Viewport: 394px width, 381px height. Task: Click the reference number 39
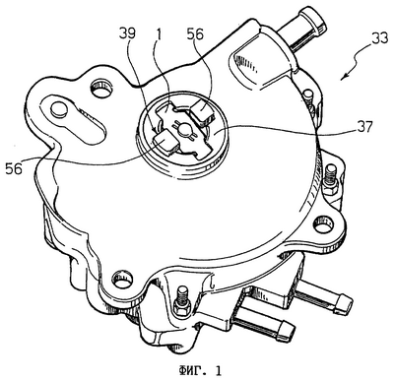(x=128, y=34)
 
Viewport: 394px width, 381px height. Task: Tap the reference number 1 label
(x=159, y=34)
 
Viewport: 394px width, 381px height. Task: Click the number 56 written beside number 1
(x=195, y=34)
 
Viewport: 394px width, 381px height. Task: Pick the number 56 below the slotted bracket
(x=14, y=168)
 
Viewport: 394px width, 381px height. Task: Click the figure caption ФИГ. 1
(x=200, y=371)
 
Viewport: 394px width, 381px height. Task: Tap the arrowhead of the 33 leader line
(x=343, y=78)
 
